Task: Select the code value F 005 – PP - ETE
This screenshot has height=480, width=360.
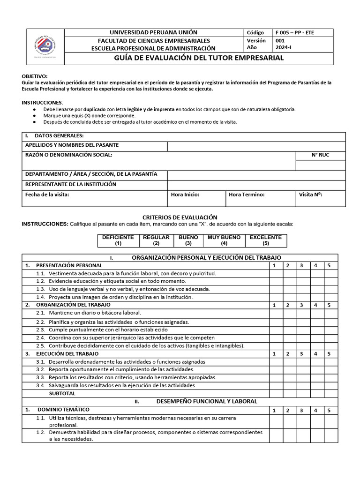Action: [295, 33]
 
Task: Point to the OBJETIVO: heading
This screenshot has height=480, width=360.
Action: [35, 76]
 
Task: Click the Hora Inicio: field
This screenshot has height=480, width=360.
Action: [196, 198]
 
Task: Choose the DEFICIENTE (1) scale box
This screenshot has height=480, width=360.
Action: [118, 240]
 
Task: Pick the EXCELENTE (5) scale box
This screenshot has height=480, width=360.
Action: [265, 240]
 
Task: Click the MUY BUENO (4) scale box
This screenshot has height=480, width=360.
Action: [224, 240]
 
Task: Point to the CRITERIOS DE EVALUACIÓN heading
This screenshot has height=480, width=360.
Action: [180, 217]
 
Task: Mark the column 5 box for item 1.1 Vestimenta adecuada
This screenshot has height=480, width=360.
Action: [329, 273]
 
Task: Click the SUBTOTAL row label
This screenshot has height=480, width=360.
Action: [65, 393]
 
